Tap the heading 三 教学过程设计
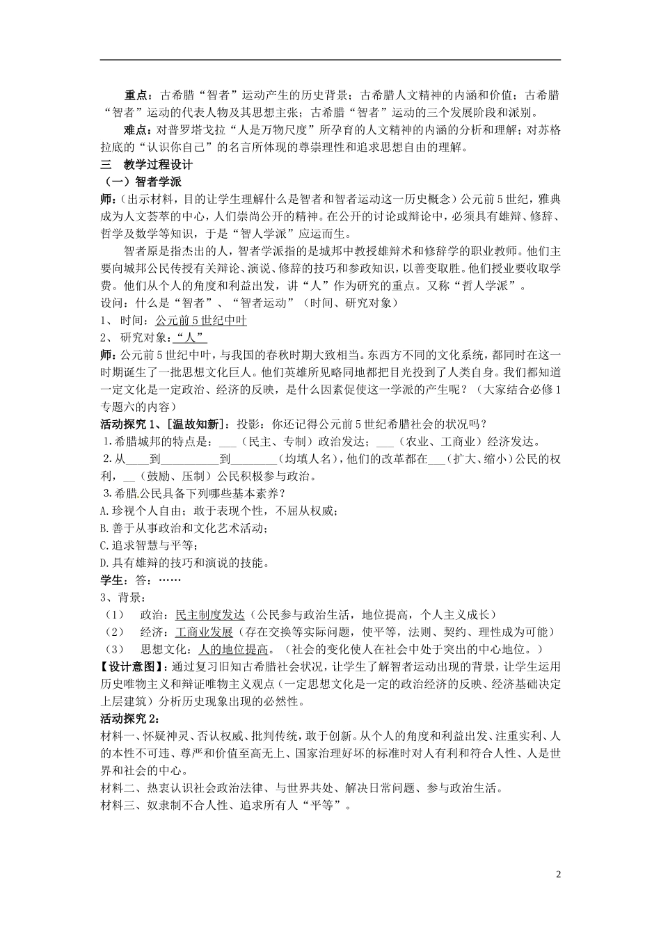pos(146,165)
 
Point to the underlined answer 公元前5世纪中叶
pos(201,320)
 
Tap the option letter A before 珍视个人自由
pos(104,511)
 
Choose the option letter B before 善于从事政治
pos(104,529)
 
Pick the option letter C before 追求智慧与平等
pos(104,546)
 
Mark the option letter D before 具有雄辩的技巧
pos(104,563)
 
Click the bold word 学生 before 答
pos(112,580)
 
